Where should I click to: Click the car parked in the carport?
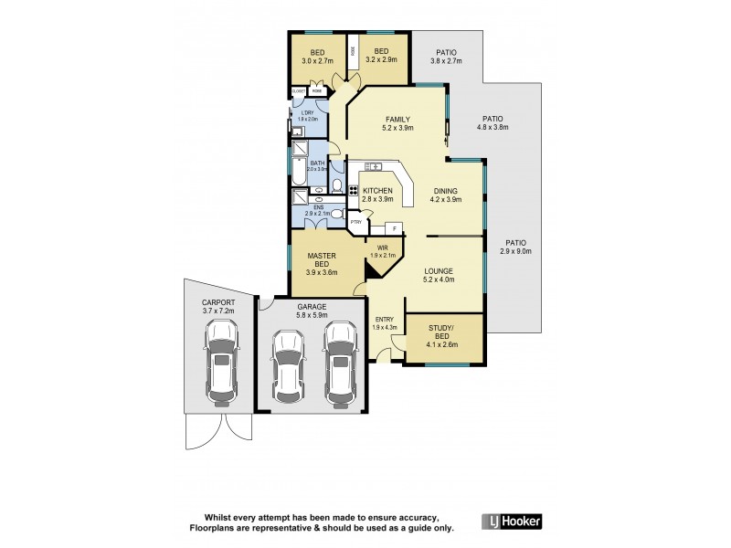tap(222, 366)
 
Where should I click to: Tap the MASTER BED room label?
tap(322, 264)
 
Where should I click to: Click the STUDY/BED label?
tap(441, 338)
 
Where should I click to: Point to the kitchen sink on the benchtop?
tap(373, 166)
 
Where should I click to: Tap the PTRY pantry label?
tap(356, 221)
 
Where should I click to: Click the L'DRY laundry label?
tap(307, 116)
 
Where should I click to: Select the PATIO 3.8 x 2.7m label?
tap(447, 57)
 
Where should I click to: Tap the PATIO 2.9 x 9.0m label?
tap(515, 246)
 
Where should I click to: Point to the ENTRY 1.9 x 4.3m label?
tap(385, 321)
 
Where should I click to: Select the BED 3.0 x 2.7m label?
tap(318, 57)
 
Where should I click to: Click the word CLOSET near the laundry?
tap(298, 92)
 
